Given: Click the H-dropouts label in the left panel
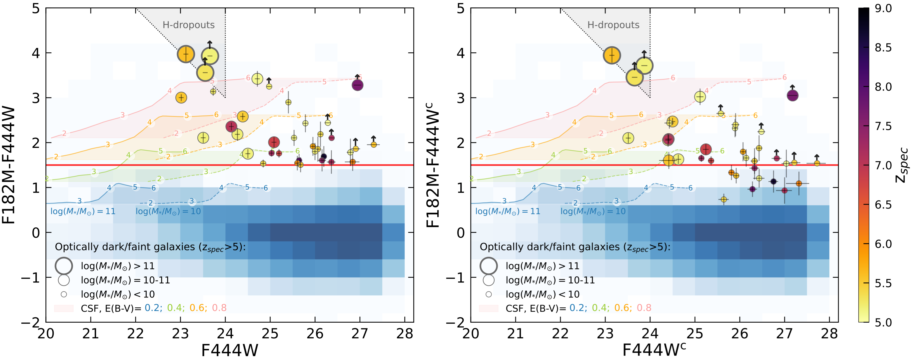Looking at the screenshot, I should (189, 25).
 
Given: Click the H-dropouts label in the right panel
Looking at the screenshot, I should (613, 25).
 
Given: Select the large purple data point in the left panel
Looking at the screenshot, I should (358, 85).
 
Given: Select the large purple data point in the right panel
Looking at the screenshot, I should (793, 96).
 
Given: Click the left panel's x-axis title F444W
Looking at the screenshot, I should (229, 350).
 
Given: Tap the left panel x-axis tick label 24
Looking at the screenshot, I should (225, 333).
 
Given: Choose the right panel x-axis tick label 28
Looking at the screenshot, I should (829, 333).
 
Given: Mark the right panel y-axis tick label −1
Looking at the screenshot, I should (455, 277).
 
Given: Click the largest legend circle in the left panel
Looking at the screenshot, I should (64, 266).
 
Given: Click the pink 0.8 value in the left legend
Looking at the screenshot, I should (219, 308).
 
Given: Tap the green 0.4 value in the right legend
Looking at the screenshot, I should (600, 308).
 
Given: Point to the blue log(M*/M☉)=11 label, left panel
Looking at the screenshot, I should (83, 212).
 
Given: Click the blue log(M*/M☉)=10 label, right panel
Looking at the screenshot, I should (593, 212).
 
